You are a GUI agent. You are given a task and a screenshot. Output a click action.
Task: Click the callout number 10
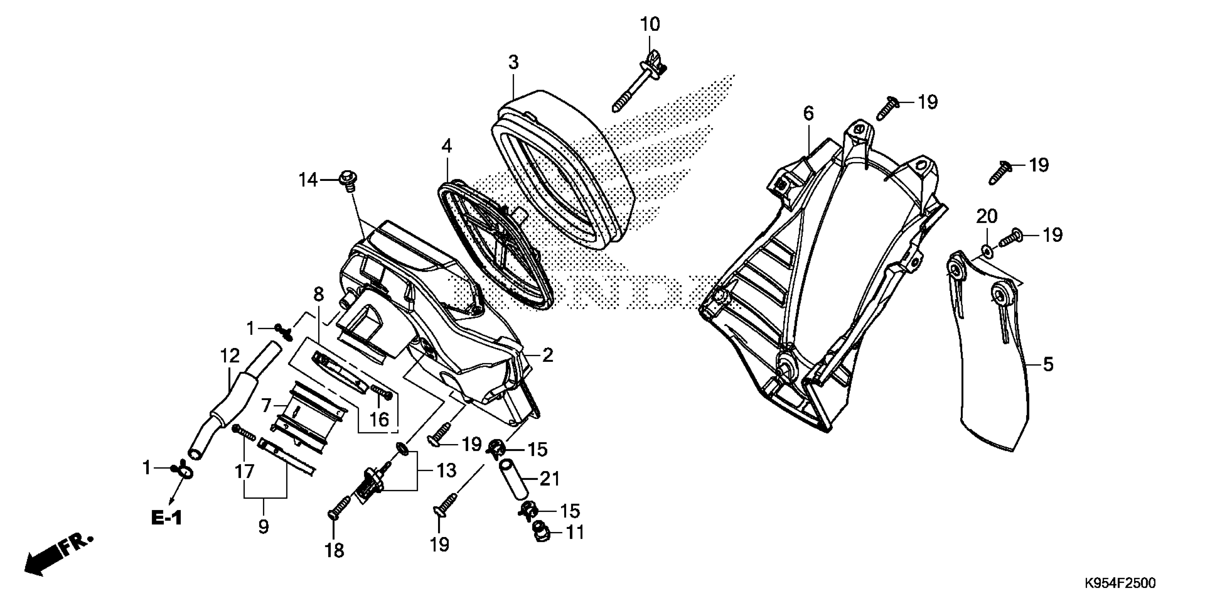pyautogui.click(x=650, y=24)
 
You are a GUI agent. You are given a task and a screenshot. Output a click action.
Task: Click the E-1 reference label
pyautogui.click(x=167, y=518)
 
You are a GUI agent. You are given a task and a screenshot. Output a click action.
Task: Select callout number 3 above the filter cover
pyautogui.click(x=513, y=63)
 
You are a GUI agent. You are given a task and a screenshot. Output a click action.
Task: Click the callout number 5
pyautogui.click(x=1048, y=364)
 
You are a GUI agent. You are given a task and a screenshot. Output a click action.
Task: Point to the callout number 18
pyautogui.click(x=335, y=551)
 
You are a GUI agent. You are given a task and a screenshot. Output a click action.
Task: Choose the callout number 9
pyautogui.click(x=263, y=527)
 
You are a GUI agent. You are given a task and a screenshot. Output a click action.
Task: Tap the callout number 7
pyautogui.click(x=266, y=405)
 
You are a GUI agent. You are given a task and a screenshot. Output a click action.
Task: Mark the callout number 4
pyautogui.click(x=446, y=146)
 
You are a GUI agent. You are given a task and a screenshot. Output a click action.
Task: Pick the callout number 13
pyautogui.click(x=446, y=470)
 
